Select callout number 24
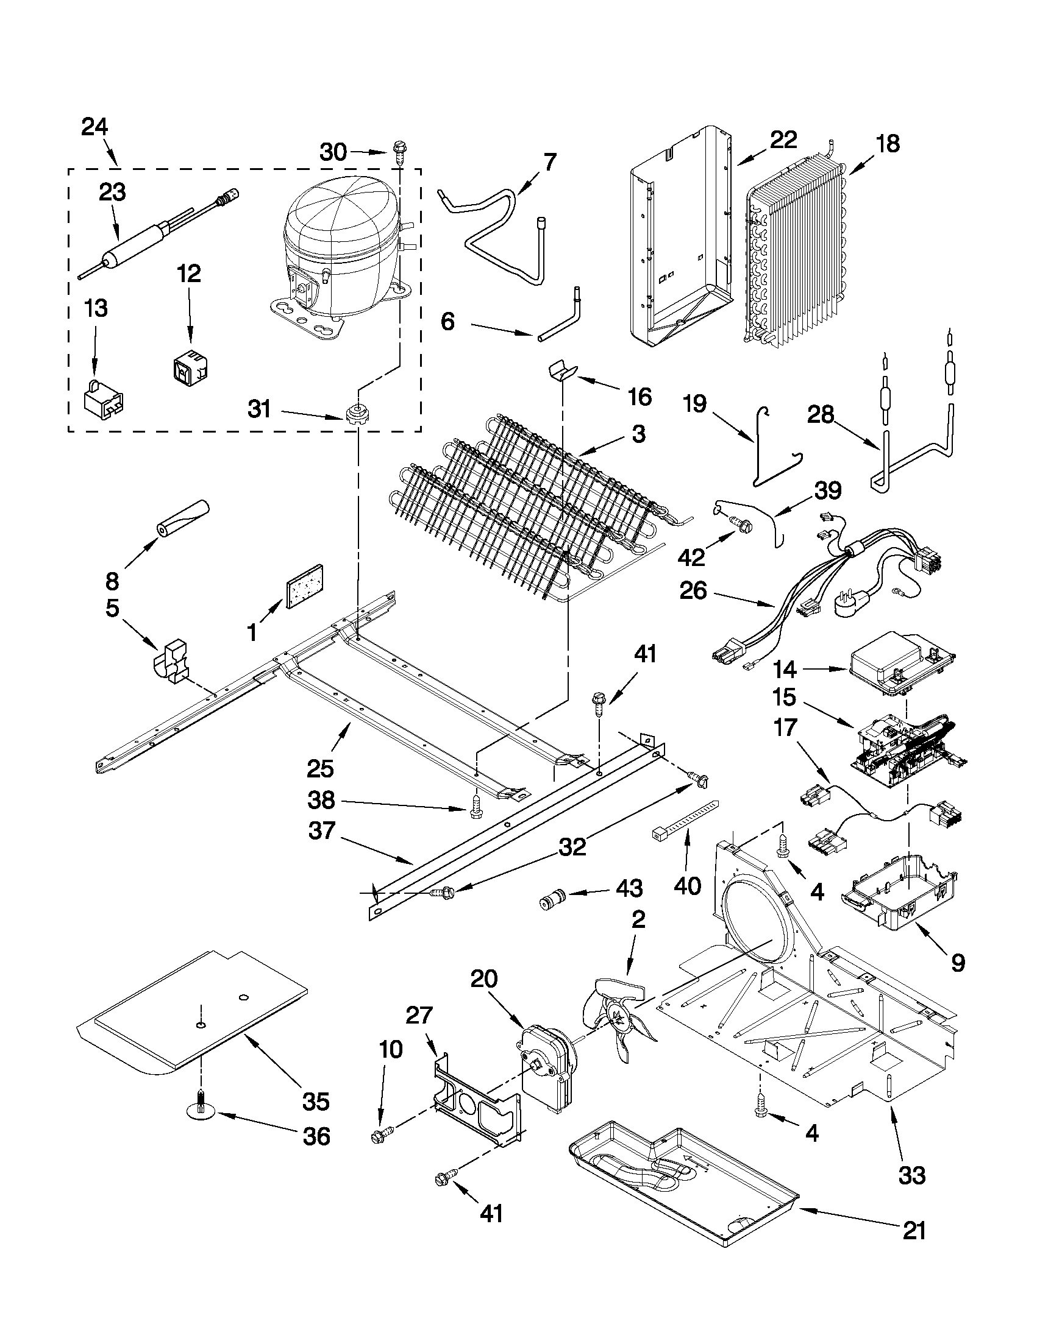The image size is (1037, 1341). tap(94, 127)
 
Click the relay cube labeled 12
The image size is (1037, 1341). tap(187, 368)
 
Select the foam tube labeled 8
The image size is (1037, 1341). tap(183, 520)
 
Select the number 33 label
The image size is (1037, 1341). tap(911, 1175)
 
